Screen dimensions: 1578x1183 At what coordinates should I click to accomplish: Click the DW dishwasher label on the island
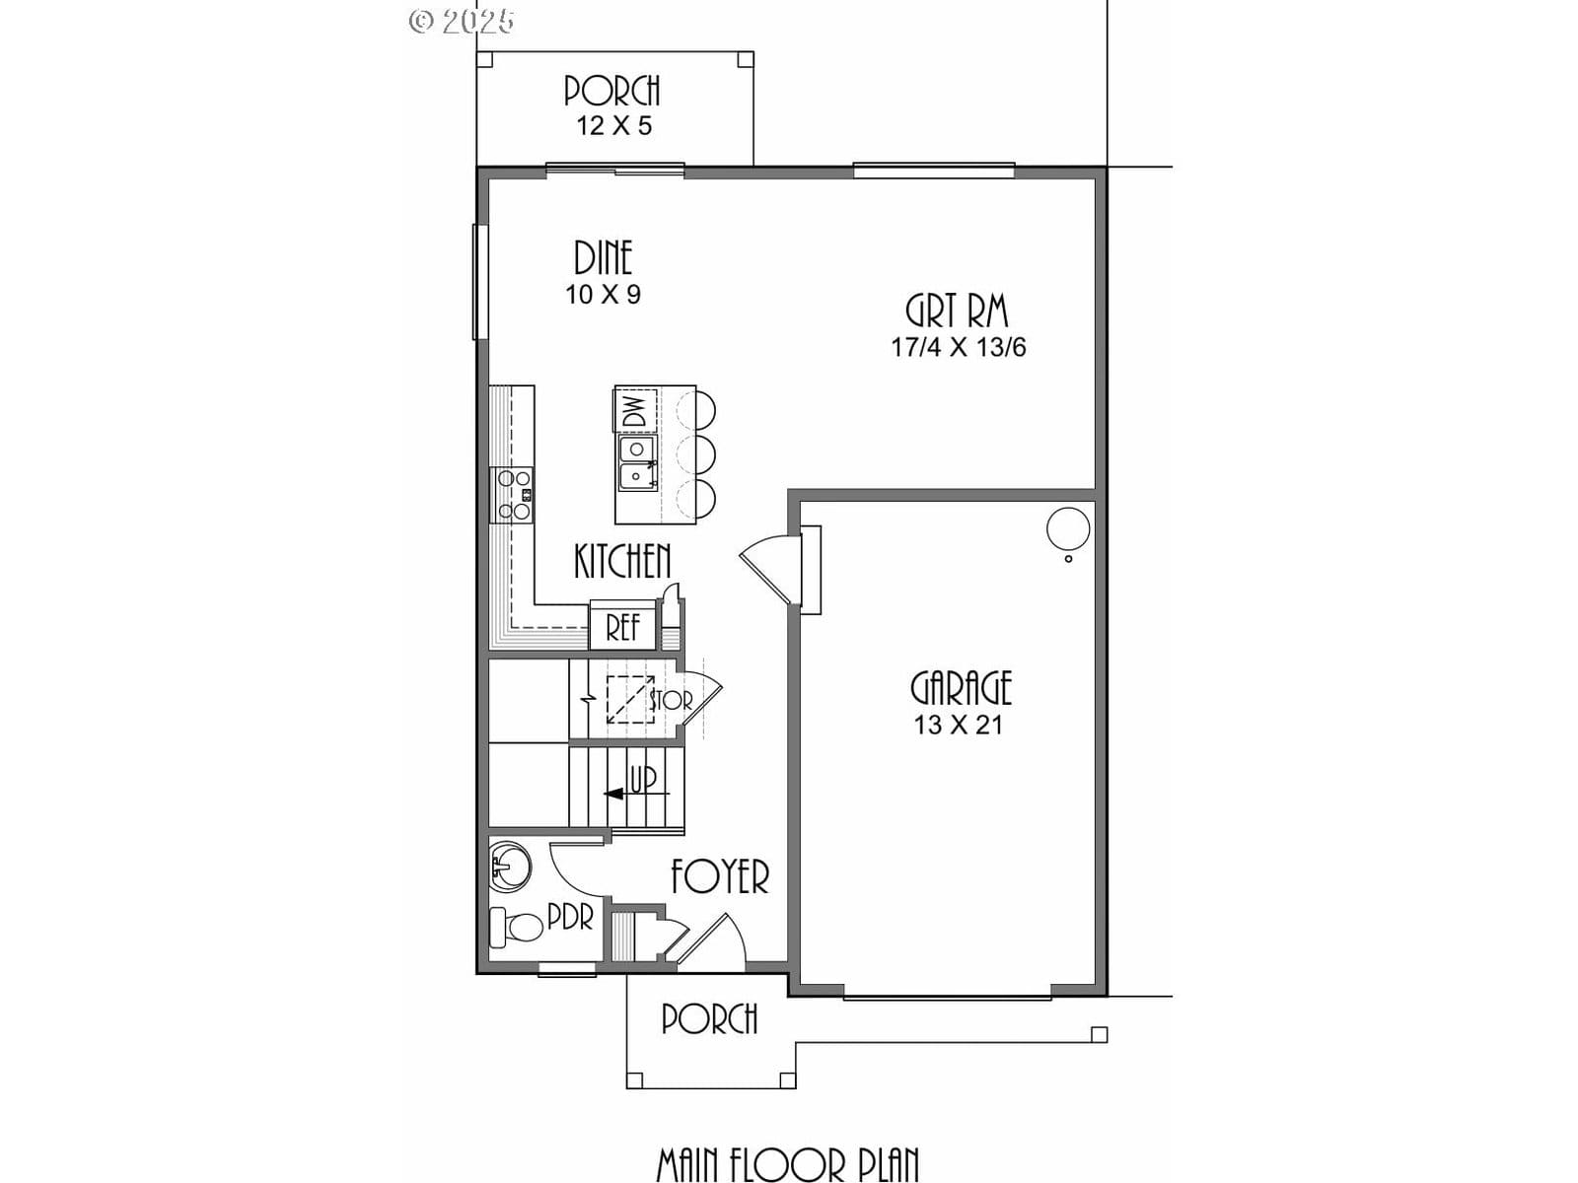tap(635, 409)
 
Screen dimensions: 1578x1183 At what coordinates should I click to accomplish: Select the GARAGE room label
tap(962, 688)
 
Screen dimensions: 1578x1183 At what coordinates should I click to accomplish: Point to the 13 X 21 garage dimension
tap(958, 726)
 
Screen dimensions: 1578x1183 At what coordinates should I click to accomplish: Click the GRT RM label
tap(957, 311)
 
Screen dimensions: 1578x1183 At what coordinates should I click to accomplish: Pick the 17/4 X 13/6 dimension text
tap(959, 348)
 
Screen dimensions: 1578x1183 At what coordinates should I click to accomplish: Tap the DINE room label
tap(604, 258)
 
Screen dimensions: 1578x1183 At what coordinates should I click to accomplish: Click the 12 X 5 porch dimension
tap(614, 126)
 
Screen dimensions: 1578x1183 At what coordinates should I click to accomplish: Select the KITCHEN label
tap(622, 561)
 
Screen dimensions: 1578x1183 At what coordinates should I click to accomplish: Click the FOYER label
tap(720, 876)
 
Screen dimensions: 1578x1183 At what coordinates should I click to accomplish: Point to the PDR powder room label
tap(571, 917)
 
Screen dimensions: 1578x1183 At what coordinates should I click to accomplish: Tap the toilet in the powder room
tap(516, 927)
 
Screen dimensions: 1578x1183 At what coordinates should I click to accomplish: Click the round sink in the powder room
tap(511, 866)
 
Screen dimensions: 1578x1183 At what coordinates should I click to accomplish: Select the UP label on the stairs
tap(643, 780)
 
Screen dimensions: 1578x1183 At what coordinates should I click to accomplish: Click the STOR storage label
tap(671, 700)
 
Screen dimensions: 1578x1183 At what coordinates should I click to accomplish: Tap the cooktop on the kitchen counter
tap(512, 494)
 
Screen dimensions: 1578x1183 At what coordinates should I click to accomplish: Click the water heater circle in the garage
tap(1067, 530)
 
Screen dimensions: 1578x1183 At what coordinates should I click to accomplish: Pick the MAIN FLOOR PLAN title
tap(788, 1164)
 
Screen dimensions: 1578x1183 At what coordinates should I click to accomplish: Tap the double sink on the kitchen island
tap(637, 463)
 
